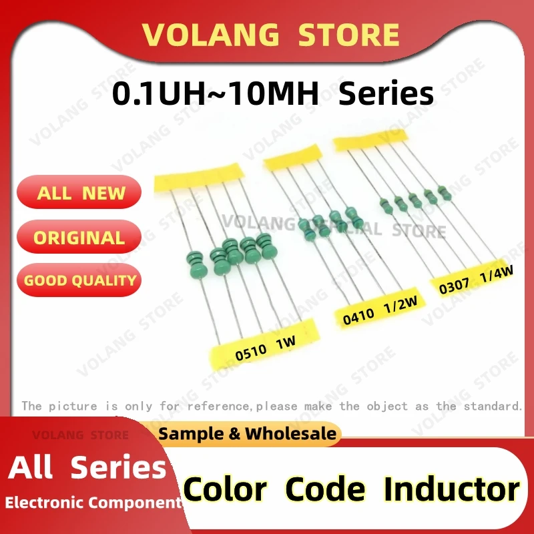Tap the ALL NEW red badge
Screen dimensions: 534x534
tap(80, 193)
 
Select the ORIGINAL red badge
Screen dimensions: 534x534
tap(79, 238)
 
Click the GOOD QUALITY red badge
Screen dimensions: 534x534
tap(79, 280)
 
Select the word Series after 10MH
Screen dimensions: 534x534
tap(386, 94)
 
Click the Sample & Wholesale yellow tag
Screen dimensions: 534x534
tap(248, 434)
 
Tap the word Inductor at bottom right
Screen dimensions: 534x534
tap(451, 489)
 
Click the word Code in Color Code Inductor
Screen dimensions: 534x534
tap(325, 489)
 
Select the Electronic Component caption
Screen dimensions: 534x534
tap(93, 503)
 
